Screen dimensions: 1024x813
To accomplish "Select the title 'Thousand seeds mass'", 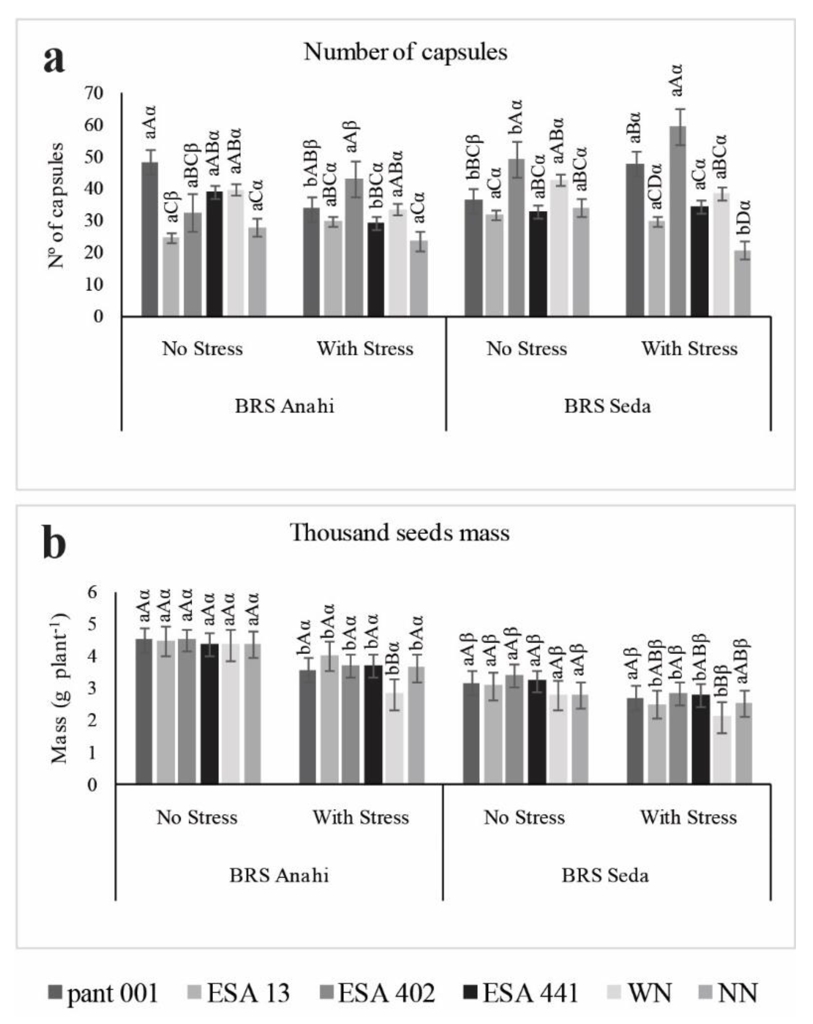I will [400, 533].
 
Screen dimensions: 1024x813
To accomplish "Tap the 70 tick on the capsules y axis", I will [94, 93].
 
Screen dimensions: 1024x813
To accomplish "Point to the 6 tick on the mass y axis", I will [93, 592].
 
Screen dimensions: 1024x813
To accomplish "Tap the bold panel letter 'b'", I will [54, 542].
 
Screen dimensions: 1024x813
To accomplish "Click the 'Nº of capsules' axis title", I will [56, 205].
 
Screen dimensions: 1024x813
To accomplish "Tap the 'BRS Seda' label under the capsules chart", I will [607, 406].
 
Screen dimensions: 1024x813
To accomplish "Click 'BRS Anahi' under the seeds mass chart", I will [279, 875].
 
